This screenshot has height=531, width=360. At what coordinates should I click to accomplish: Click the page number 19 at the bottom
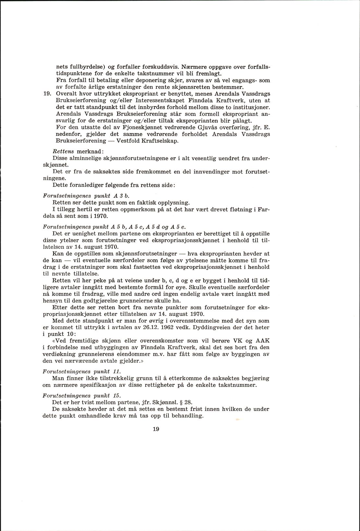click(x=156, y=429)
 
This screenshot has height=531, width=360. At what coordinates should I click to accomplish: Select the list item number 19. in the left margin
click(x=48, y=94)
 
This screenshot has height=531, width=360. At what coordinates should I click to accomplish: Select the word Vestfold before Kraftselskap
click(x=130, y=141)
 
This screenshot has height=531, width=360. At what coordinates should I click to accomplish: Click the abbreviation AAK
click(x=263, y=340)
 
